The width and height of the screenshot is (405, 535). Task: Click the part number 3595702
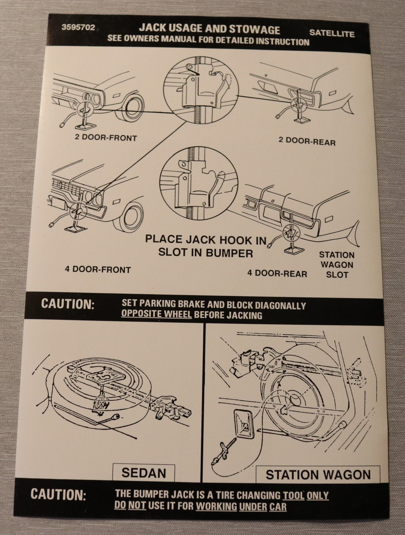pyautogui.click(x=78, y=28)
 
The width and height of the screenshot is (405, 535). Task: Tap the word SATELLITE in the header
pyautogui.click(x=332, y=33)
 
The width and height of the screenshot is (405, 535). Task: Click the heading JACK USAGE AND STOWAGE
pyautogui.click(x=209, y=29)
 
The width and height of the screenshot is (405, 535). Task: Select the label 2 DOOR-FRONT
pyautogui.click(x=106, y=138)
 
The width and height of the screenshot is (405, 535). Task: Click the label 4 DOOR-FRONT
pyautogui.click(x=98, y=270)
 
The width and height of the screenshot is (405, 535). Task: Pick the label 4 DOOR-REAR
pyautogui.click(x=277, y=273)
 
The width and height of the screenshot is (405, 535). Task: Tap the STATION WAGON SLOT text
pyautogui.click(x=337, y=264)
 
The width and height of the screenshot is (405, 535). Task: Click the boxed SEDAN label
pyautogui.click(x=143, y=473)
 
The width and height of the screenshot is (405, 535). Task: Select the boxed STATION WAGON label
pyautogui.click(x=318, y=475)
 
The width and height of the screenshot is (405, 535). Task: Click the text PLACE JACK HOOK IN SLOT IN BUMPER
pyautogui.click(x=206, y=246)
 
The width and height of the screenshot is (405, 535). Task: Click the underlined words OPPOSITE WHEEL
pyautogui.click(x=156, y=315)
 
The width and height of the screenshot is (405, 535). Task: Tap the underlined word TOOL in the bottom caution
pyautogui.click(x=293, y=495)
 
